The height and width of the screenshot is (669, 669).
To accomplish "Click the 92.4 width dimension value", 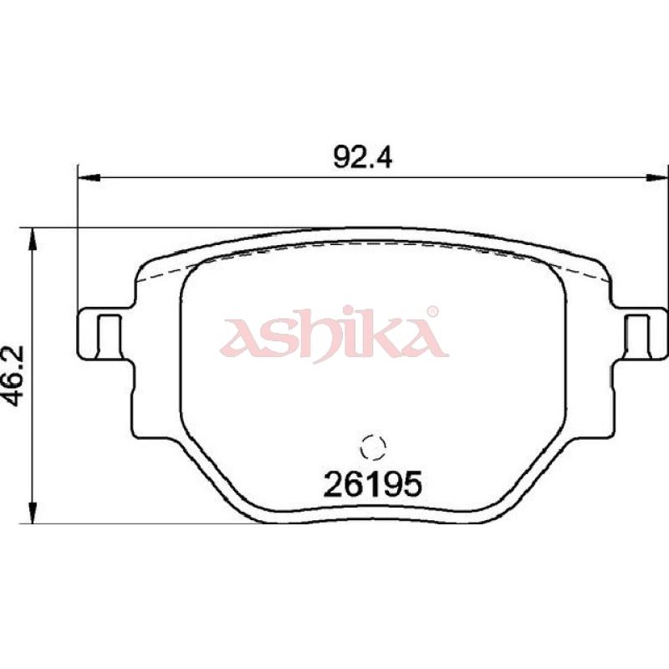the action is tap(362, 157).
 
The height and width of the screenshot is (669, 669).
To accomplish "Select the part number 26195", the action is tap(372, 484).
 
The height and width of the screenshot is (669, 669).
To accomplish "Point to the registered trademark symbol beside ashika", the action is tap(432, 311).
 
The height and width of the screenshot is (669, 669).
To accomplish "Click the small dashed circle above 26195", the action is tap(373, 447).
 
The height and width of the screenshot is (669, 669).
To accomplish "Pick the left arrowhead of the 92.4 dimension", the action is tap(89, 177).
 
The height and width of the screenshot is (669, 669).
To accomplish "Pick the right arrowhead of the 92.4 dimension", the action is tap(657, 177).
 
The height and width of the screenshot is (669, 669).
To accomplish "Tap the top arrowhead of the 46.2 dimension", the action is tap(33, 239).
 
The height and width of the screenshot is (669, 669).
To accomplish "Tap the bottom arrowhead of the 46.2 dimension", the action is tap(33, 512).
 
